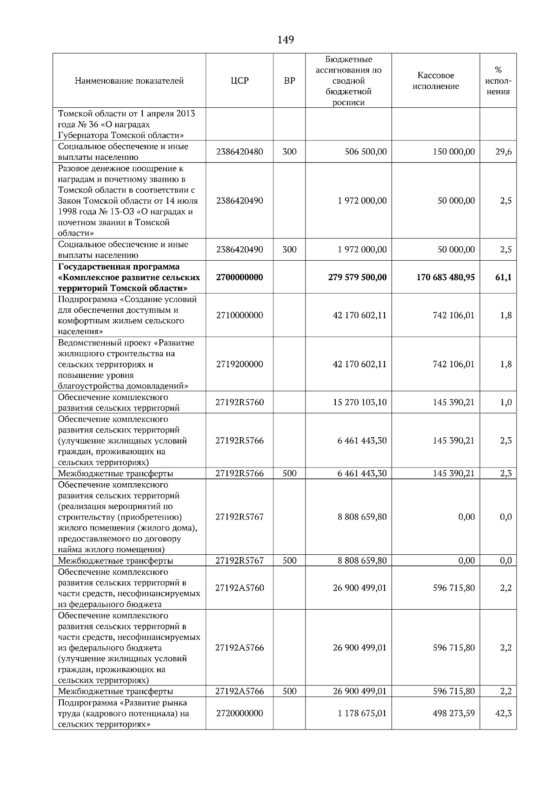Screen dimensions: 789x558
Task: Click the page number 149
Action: tap(285, 40)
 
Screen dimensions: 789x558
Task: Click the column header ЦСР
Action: tap(239, 81)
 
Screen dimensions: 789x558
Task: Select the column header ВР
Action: tap(289, 81)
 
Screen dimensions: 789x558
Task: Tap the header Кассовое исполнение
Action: tap(436, 81)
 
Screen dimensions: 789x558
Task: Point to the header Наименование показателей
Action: tap(129, 81)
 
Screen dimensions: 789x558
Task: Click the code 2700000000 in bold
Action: tap(239, 277)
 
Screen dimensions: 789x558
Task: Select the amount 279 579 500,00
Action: tap(357, 277)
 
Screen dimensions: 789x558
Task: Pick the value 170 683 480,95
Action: tap(445, 277)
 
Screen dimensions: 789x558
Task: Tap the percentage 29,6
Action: tap(503, 152)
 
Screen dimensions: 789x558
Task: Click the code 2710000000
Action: tap(239, 316)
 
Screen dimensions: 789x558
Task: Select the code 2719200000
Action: tap(239, 364)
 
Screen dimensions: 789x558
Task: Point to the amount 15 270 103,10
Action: tap(359, 402)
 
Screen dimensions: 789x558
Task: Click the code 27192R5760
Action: tap(239, 402)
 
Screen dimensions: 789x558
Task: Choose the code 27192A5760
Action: tap(239, 588)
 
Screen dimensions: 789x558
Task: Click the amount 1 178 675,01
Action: tap(362, 713)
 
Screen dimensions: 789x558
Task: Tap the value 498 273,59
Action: tap(453, 713)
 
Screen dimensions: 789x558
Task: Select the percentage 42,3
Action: tap(503, 713)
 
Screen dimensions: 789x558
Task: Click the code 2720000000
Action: tap(239, 713)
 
